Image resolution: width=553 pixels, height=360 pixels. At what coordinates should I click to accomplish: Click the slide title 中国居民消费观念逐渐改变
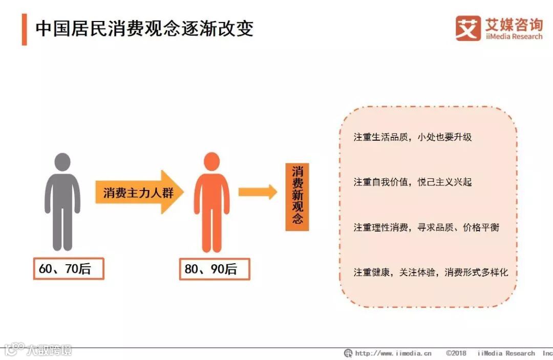pos(144,29)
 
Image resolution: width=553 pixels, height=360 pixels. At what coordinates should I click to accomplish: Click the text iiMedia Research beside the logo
pos(513,37)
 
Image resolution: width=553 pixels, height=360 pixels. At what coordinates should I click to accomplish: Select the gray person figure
pos(62,202)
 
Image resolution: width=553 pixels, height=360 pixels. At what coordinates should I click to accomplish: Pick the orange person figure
pos(211,202)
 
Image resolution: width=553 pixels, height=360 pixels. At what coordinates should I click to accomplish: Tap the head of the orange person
pos(211,161)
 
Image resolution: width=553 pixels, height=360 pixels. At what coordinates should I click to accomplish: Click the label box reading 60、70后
pos(69,268)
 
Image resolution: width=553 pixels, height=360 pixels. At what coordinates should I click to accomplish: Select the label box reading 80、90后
pos(215,269)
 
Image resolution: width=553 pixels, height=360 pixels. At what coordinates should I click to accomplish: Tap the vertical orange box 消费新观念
pos(297,197)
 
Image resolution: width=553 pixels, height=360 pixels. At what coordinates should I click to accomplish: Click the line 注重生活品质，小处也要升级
pos(412,137)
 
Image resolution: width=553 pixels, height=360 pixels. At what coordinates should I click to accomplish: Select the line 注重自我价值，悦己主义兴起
pos(412,182)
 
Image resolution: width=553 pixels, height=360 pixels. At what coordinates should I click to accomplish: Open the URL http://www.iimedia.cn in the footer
pos(393,353)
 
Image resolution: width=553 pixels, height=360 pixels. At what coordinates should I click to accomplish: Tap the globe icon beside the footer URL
pos(348,353)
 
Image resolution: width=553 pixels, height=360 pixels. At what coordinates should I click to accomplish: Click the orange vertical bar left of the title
pos(24,29)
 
